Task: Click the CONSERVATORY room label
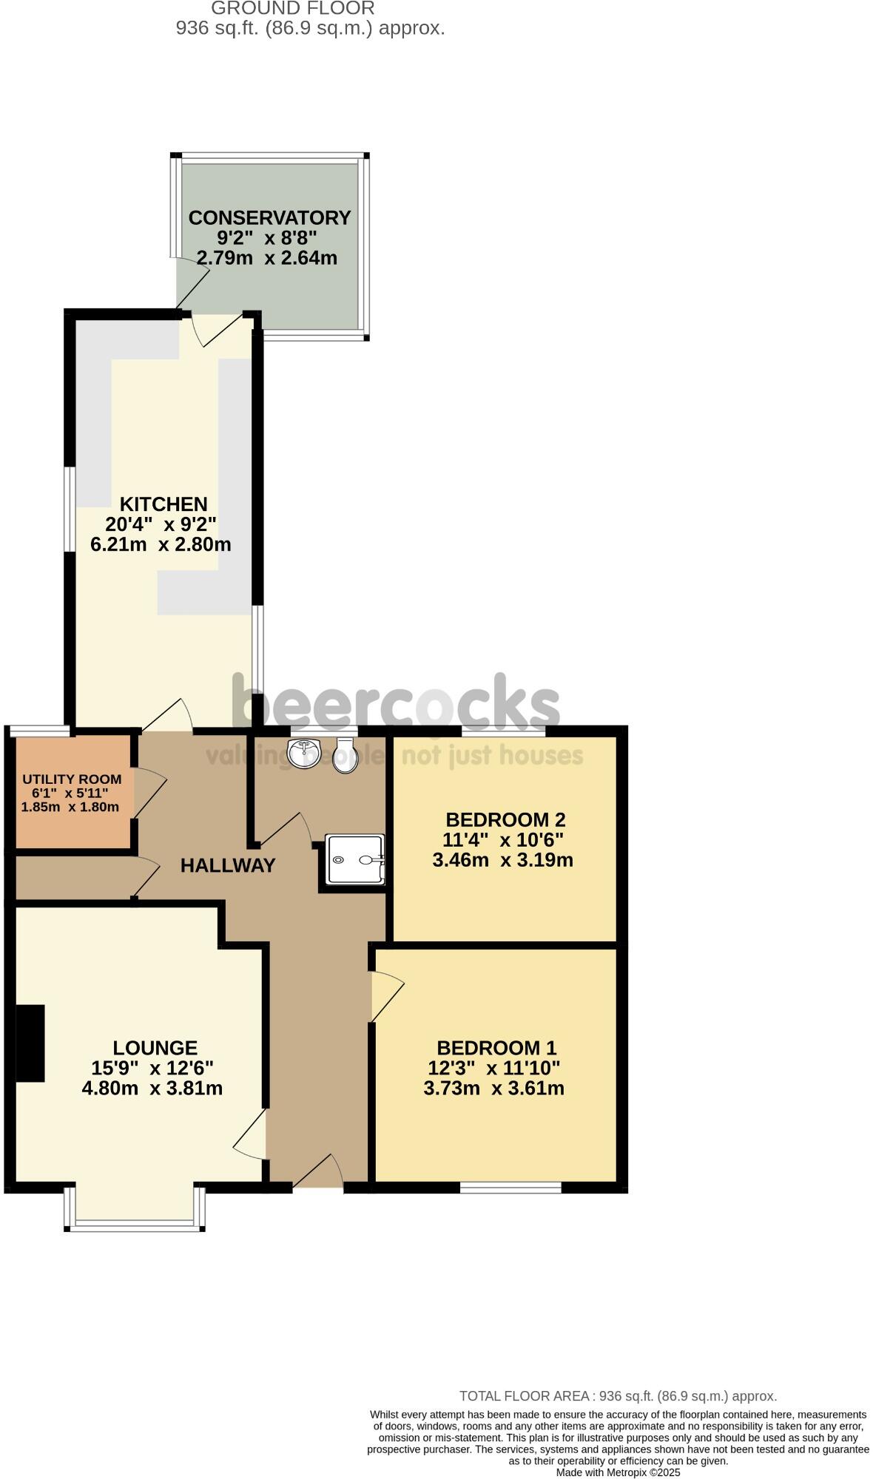click(x=269, y=217)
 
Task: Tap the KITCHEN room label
click(x=164, y=504)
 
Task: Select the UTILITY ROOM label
click(x=72, y=779)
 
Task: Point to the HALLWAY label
click(x=228, y=865)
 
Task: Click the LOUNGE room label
click(x=155, y=1048)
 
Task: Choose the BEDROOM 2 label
click(x=505, y=819)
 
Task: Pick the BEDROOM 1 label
click(x=496, y=1048)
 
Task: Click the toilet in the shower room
click(x=346, y=755)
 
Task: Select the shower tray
click(x=356, y=859)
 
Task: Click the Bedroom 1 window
click(x=510, y=1188)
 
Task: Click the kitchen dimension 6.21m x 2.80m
click(x=161, y=545)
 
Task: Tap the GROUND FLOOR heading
click(x=293, y=8)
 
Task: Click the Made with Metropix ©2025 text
click(x=618, y=1473)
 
